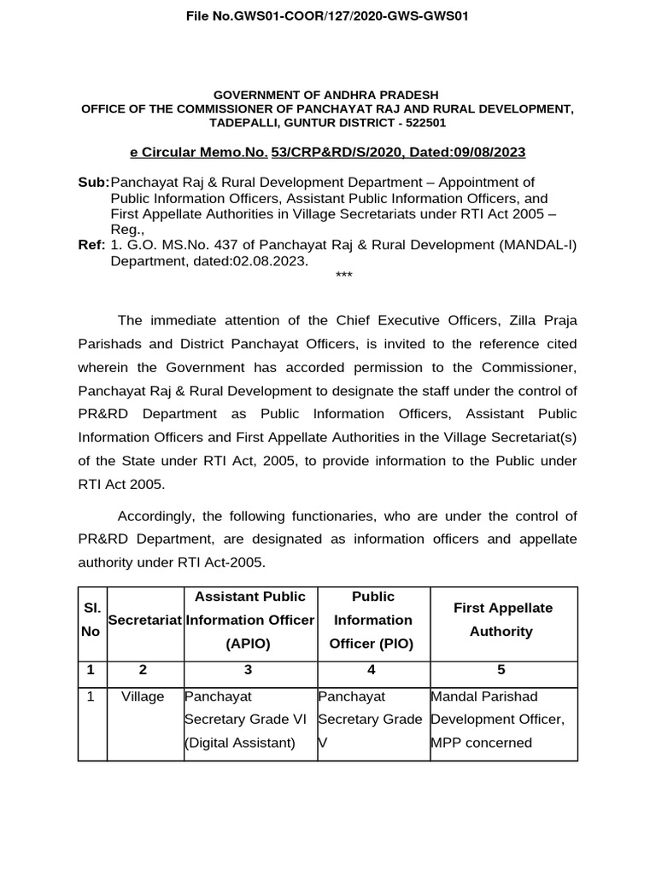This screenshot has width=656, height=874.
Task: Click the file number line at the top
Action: [327, 16]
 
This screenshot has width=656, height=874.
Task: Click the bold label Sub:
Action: [93, 182]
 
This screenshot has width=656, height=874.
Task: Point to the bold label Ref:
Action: [92, 246]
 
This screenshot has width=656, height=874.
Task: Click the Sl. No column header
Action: [91, 620]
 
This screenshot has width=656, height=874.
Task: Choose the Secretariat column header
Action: [145, 620]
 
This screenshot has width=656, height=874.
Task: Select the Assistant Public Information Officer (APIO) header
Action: [249, 620]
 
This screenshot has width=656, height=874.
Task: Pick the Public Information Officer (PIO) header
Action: [372, 620]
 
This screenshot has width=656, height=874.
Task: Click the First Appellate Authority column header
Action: [504, 620]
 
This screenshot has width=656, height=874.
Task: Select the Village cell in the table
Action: [143, 696]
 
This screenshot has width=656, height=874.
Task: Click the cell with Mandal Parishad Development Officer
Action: [497, 720]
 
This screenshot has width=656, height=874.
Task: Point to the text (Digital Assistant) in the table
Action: [240, 743]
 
